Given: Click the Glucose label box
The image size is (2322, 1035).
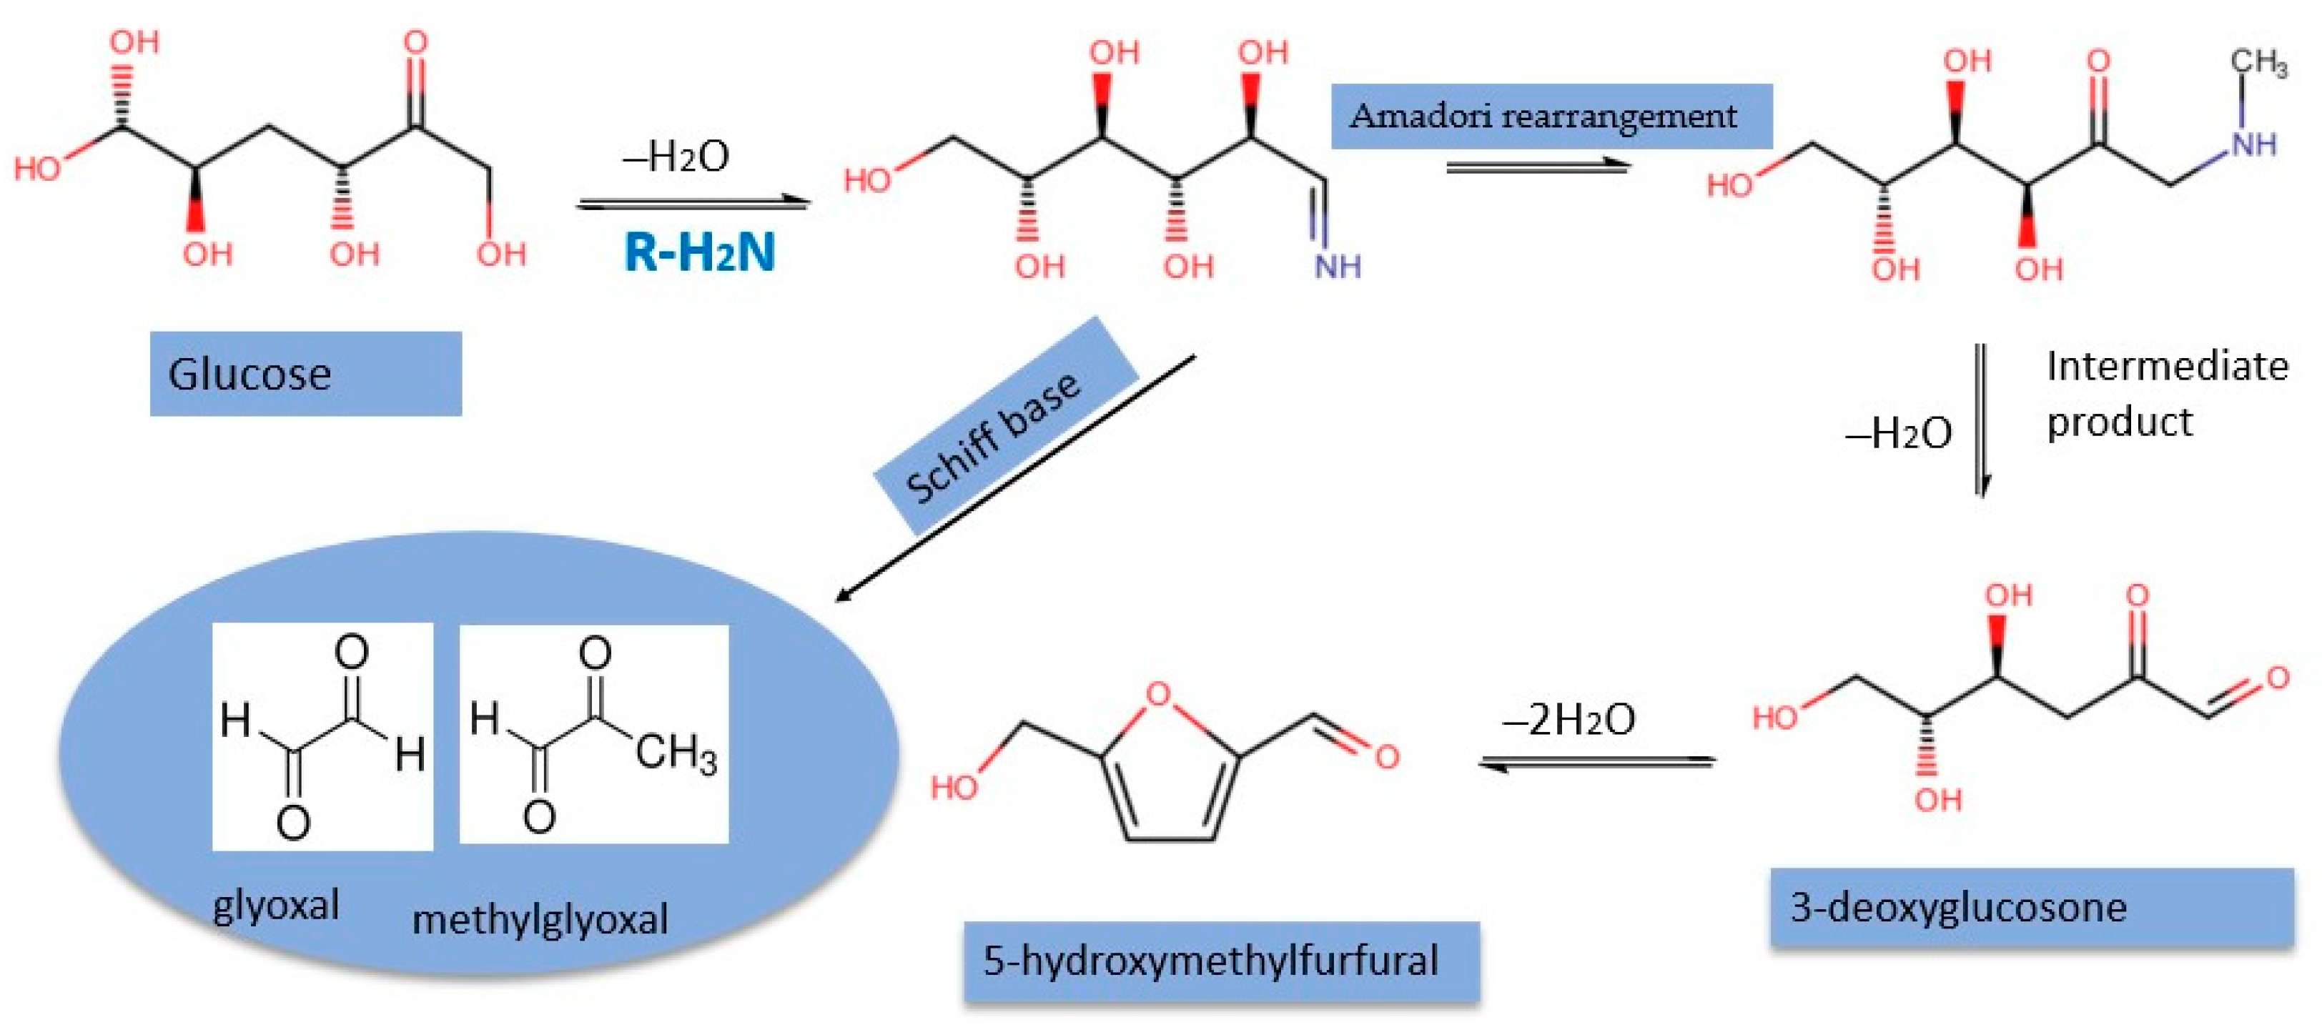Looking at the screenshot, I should (305, 373).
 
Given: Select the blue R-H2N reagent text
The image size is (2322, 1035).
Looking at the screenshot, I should (699, 252).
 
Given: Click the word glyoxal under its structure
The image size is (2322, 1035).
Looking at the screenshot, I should (276, 905).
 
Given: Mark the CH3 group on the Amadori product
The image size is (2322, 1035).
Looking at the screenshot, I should (2258, 63).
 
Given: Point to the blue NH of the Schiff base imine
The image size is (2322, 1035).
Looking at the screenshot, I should (1337, 266).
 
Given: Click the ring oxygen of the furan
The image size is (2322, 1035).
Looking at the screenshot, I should (1157, 694).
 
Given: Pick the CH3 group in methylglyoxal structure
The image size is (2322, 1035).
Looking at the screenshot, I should (676, 752).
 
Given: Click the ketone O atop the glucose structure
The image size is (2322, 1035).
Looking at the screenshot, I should (415, 42).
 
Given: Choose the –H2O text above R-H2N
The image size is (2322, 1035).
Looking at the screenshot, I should (676, 157).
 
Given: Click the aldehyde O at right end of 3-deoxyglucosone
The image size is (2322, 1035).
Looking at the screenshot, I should (2277, 678).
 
